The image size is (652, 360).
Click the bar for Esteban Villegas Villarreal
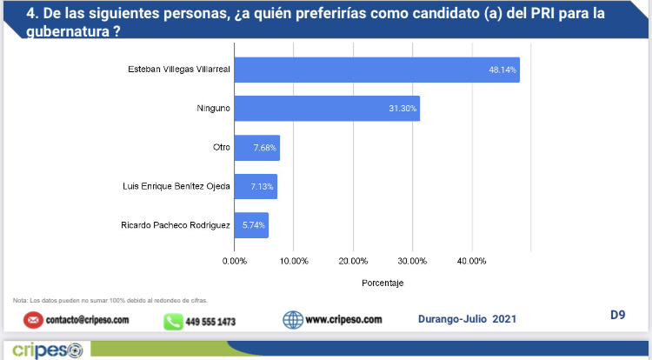pos(376,70)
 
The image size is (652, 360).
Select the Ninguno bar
pos(327,108)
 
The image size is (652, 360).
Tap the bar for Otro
pos(257,148)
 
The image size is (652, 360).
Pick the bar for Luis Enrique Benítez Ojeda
pos(256,186)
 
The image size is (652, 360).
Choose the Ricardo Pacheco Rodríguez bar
pos(251,225)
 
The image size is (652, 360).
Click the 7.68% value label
pos(264,148)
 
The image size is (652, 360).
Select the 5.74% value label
pos(254,225)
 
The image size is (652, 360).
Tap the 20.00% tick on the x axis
pos(353,259)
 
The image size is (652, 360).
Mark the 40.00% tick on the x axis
pos(471,259)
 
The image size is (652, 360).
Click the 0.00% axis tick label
pos(235,259)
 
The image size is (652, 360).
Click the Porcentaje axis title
pos(383,282)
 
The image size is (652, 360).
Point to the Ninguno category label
pos(214,109)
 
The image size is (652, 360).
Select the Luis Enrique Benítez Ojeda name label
pos(177,186)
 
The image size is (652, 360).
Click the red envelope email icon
pos(33,319)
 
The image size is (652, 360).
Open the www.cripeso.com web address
pos(343,319)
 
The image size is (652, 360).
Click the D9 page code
pos(617,315)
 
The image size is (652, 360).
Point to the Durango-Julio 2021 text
pos(467,319)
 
